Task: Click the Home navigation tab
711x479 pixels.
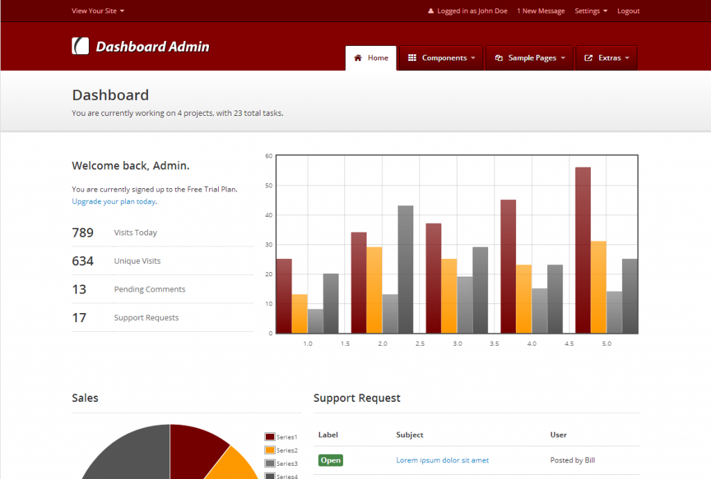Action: pyautogui.click(x=371, y=58)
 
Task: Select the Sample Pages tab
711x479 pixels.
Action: pyautogui.click(x=530, y=58)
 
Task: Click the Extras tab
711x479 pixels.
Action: pyautogui.click(x=607, y=58)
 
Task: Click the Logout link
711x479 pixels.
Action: pyautogui.click(x=628, y=11)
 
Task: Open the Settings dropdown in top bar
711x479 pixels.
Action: pyautogui.click(x=590, y=11)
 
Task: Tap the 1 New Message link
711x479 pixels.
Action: pyautogui.click(x=541, y=11)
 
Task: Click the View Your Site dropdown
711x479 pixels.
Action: pyautogui.click(x=98, y=11)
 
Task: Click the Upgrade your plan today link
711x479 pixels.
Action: pyautogui.click(x=114, y=201)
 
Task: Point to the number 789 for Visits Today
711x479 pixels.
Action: pyautogui.click(x=83, y=233)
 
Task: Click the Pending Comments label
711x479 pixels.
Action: pyautogui.click(x=149, y=289)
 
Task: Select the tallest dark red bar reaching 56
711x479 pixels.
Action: pyautogui.click(x=583, y=250)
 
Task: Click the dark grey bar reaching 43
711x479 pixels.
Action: pyautogui.click(x=405, y=269)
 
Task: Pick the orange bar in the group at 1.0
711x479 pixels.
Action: pyautogui.click(x=299, y=314)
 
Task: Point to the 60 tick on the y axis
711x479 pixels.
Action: pyautogui.click(x=269, y=156)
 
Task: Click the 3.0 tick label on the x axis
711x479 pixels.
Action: pyautogui.click(x=457, y=344)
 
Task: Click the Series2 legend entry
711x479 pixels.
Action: pyautogui.click(x=281, y=450)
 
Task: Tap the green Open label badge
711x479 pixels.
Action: pyautogui.click(x=331, y=460)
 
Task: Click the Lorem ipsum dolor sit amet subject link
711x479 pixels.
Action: pyautogui.click(x=442, y=460)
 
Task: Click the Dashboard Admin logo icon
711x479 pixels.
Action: pyautogui.click(x=81, y=46)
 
